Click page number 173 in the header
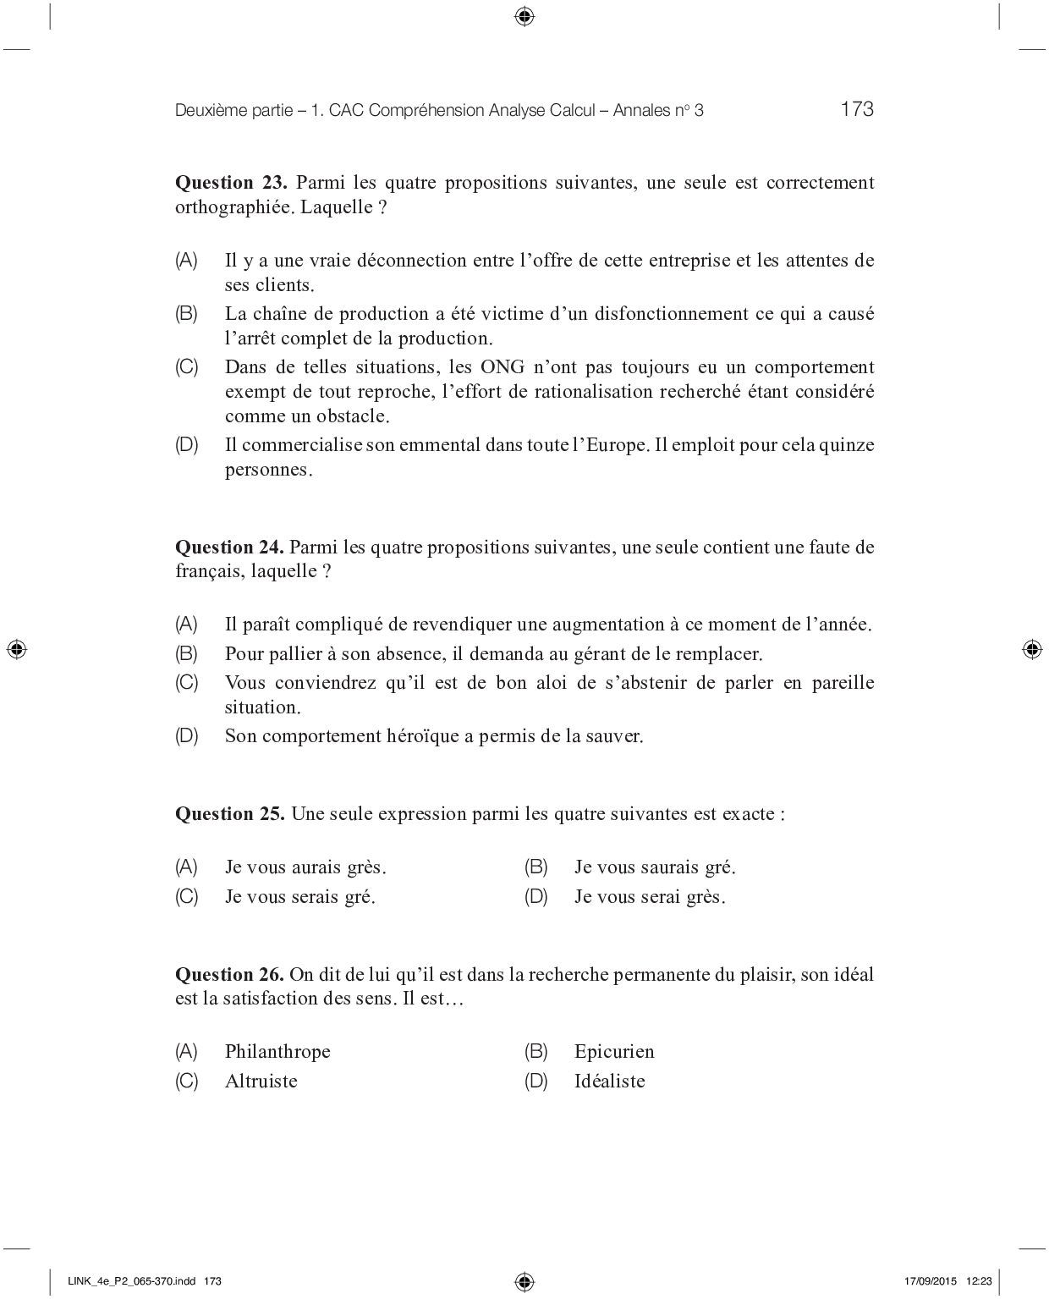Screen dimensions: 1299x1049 pos(857,109)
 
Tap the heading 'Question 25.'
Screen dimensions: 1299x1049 pos(230,814)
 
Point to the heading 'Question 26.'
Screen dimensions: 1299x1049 pos(230,975)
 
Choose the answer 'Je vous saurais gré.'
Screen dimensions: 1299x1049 pos(655,867)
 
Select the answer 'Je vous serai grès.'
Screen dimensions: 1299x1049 pos(650,897)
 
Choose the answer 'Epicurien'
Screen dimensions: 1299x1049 pos(614,1052)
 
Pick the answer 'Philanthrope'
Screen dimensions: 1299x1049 pos(277,1052)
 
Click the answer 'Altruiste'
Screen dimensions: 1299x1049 pos(261,1082)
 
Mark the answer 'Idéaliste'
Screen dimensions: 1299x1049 pos(609,1082)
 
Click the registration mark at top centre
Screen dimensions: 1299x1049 pos(524,16)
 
